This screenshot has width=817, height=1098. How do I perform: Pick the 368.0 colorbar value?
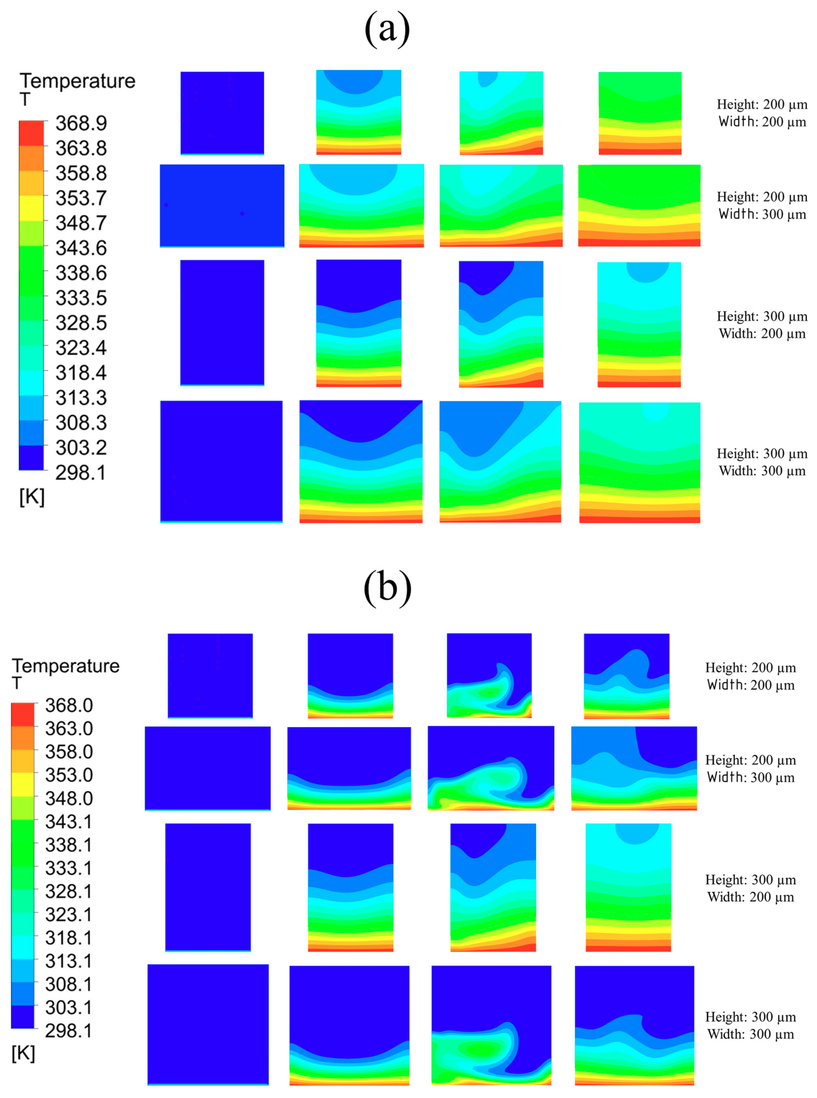click(x=69, y=705)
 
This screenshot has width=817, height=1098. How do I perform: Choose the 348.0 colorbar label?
click(x=69, y=798)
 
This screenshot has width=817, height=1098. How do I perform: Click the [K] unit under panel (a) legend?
click(x=32, y=497)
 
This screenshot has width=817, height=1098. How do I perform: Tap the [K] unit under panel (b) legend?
click(x=23, y=1054)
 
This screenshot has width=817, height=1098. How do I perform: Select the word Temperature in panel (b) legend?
click(x=66, y=666)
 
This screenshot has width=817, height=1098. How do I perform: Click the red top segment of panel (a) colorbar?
click(x=31, y=133)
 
